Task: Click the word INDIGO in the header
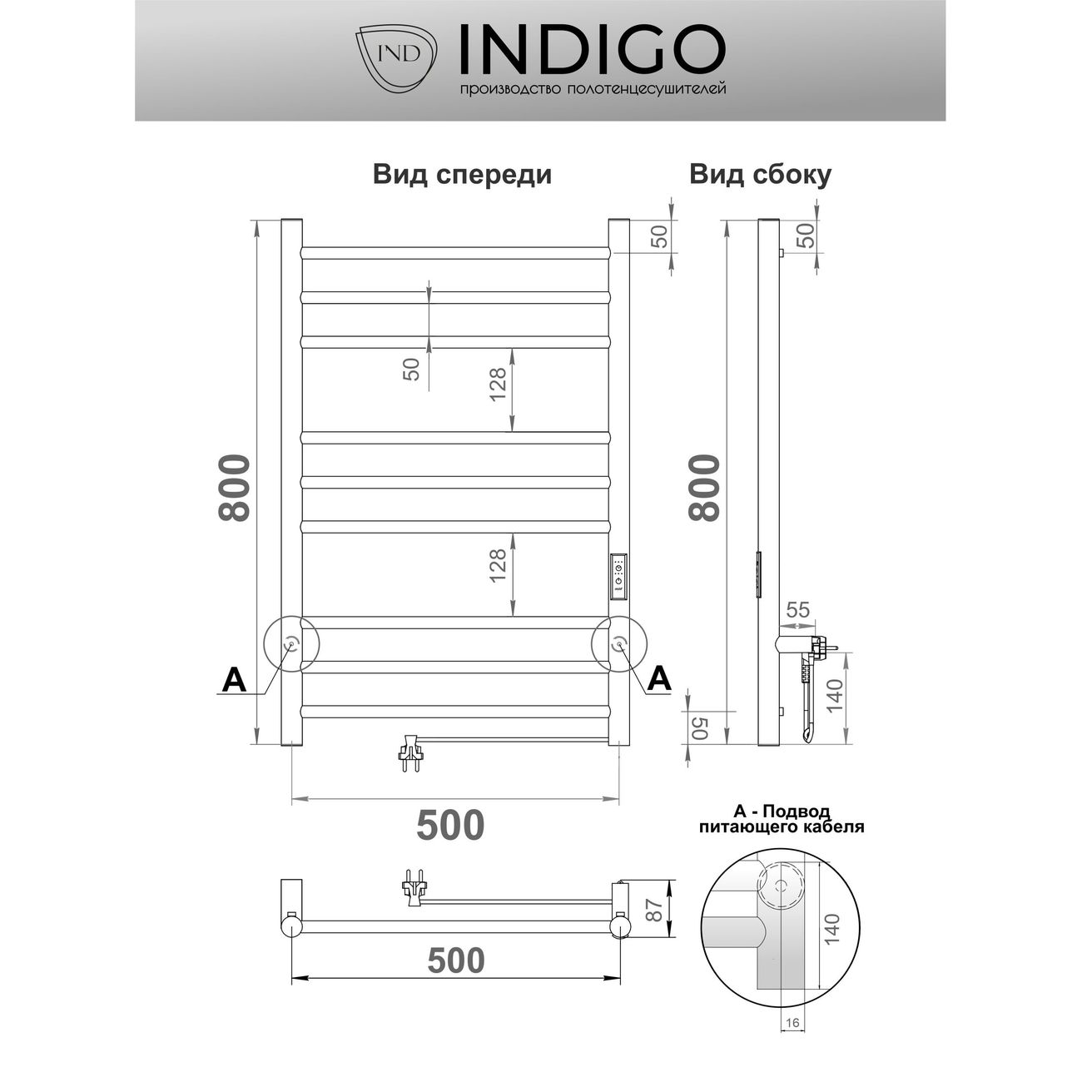592,49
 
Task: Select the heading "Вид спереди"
462,175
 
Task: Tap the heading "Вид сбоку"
760,175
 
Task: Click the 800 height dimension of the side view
704,488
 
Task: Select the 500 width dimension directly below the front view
450,825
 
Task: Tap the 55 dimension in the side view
797,609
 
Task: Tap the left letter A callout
235,680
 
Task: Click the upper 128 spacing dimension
498,385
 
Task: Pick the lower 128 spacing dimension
498,567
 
